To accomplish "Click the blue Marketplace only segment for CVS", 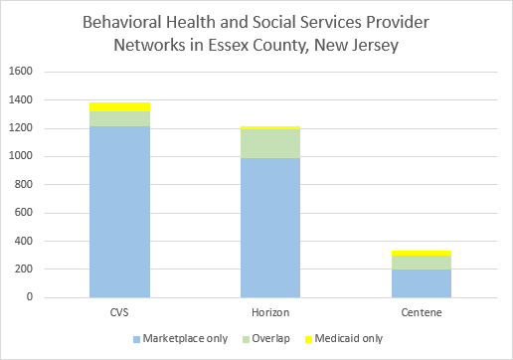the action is click(119, 212).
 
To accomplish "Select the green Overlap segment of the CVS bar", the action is click(119, 118).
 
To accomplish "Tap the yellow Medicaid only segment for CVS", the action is click(119, 107).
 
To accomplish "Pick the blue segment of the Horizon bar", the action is click(270, 228).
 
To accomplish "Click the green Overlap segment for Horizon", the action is click(270, 143).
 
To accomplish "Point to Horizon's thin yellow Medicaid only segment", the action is click(270, 127).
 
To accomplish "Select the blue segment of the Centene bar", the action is click(422, 283).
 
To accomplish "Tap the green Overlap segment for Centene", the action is click(422, 263).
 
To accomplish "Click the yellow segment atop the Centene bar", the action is click(422, 254).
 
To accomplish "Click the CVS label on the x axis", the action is click(119, 312).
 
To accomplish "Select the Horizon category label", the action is click(270, 312).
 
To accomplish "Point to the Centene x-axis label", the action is click(422, 312).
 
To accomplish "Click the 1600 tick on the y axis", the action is click(21, 71).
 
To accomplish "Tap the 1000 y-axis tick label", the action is click(21, 156).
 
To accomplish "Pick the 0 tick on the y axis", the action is click(30, 297).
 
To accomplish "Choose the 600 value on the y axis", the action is click(24, 212).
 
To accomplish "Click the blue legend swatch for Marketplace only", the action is click(136, 339).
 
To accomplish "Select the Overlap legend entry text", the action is click(270, 339).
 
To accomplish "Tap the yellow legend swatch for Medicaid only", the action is click(308, 339).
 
